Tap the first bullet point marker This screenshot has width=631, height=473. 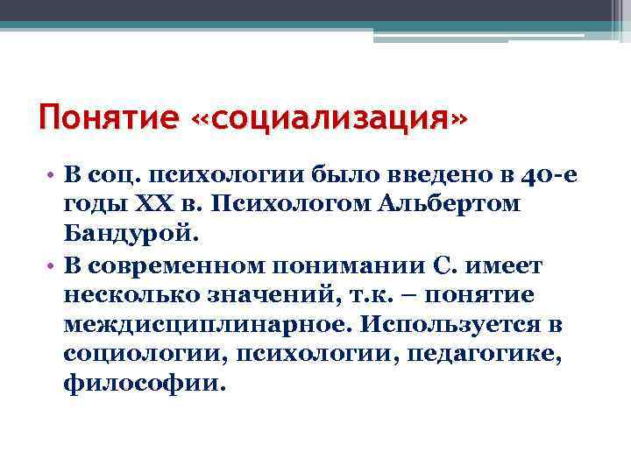[x=53, y=175]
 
